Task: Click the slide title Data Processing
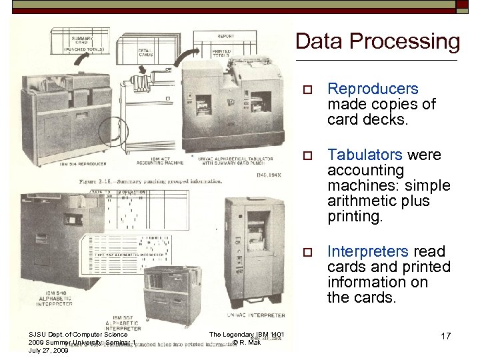377,41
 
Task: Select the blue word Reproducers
373,89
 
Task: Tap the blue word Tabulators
364,155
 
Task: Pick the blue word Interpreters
367,251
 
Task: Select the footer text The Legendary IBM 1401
247,335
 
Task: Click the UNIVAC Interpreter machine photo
255,253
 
